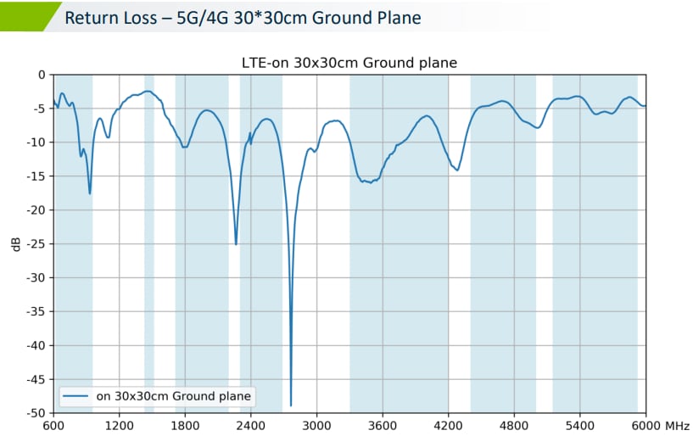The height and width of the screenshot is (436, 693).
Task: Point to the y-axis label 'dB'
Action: (x=16, y=244)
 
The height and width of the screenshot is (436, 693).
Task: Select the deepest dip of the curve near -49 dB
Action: (x=291, y=405)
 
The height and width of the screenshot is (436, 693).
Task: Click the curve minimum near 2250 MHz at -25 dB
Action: (x=236, y=243)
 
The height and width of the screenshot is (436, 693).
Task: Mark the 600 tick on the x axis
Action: (x=53, y=425)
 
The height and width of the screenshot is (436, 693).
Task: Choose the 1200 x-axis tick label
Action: (x=119, y=425)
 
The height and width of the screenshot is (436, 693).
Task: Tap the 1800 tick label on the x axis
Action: (x=185, y=425)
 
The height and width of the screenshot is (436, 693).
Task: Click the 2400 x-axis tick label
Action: (x=250, y=425)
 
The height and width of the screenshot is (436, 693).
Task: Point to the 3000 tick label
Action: (x=316, y=425)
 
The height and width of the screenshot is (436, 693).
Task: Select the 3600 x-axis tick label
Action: (x=383, y=425)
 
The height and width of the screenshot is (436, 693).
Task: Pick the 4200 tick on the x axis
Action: (x=448, y=425)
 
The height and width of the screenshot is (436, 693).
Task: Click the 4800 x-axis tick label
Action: (x=514, y=425)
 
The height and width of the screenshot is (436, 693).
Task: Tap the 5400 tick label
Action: (x=579, y=425)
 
